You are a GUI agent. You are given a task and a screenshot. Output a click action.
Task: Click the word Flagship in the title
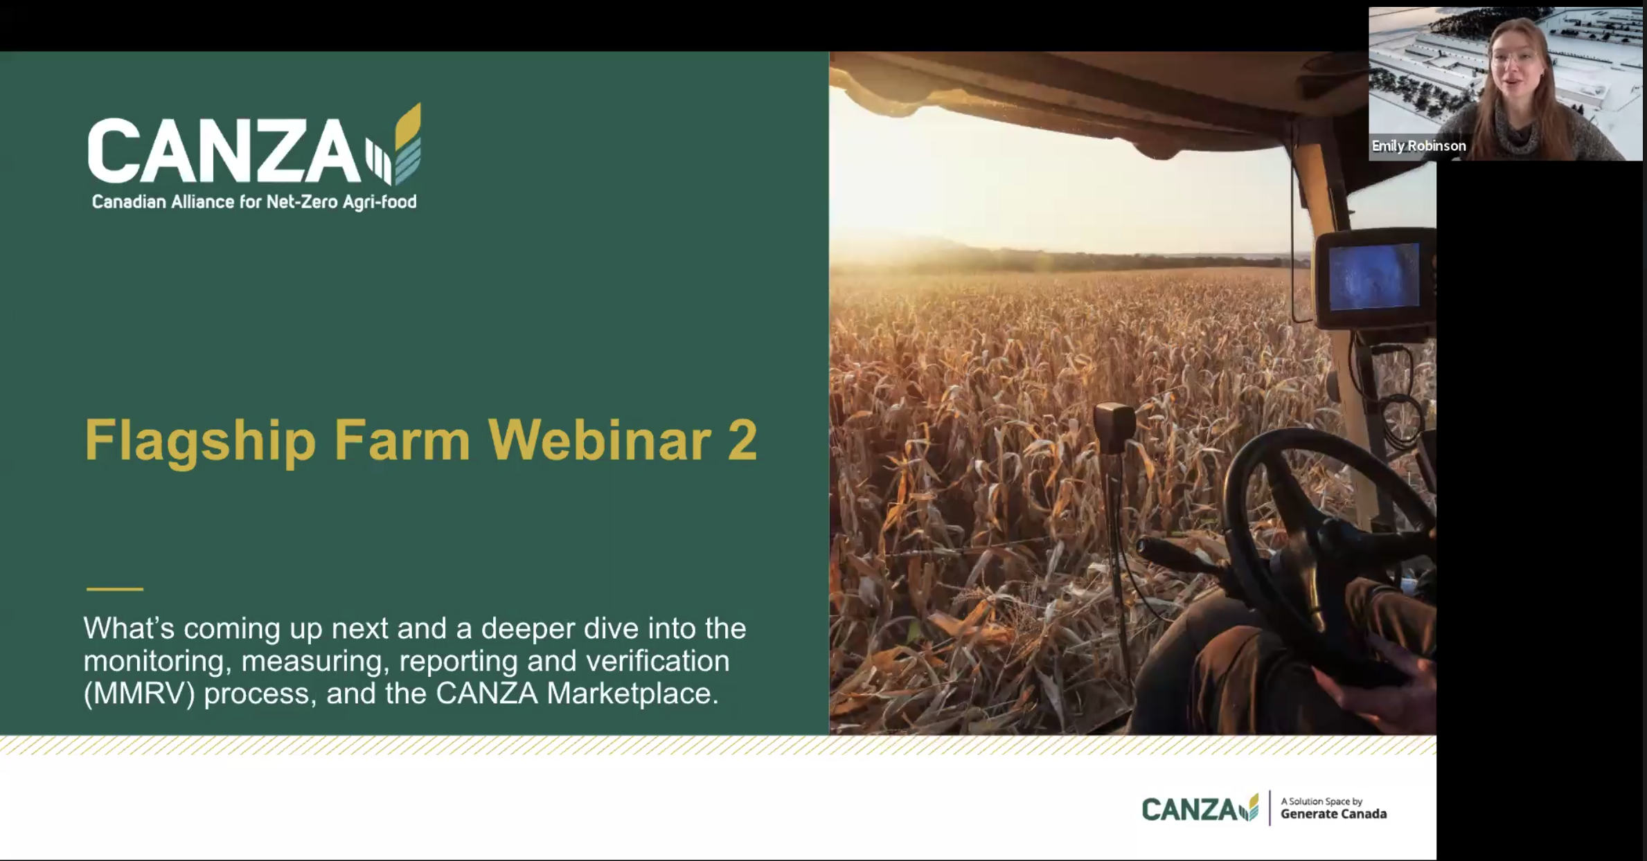200,441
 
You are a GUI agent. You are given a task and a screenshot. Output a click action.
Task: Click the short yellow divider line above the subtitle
115,589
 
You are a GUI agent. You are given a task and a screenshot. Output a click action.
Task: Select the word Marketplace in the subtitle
632,693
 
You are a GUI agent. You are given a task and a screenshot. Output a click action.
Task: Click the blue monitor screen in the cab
1373,277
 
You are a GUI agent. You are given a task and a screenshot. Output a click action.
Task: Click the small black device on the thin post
1114,428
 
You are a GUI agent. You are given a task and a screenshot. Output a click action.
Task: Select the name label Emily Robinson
1418,146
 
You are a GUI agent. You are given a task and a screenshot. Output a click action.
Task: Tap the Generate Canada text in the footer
1333,814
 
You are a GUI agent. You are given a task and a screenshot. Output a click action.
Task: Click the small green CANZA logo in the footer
1200,808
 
